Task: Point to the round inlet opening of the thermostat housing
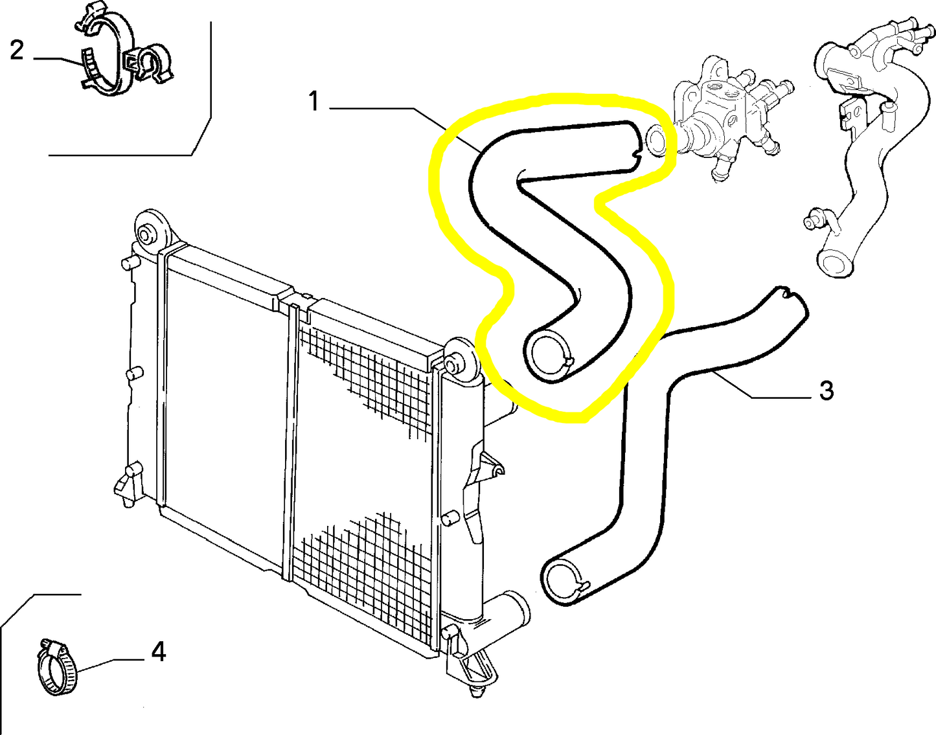click(x=657, y=140)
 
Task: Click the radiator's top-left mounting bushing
click(x=152, y=231)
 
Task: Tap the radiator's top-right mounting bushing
click(x=458, y=365)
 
